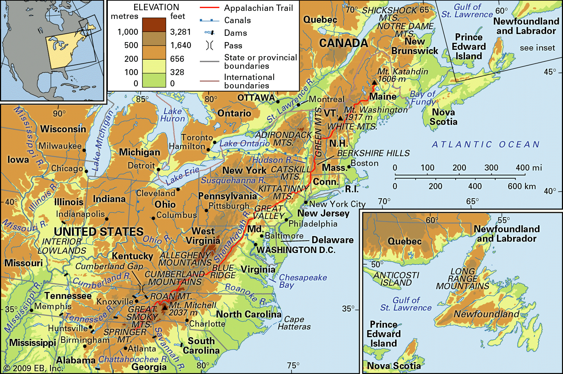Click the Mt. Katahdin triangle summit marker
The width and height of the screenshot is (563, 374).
(374, 83)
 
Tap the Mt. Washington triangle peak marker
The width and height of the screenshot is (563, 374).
(340, 118)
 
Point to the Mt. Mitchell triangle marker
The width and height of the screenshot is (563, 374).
(164, 308)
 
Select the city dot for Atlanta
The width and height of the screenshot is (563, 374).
(125, 348)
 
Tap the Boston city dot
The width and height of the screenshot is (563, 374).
(349, 167)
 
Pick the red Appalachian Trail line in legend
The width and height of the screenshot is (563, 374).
(209, 8)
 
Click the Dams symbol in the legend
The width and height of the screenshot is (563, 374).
(209, 33)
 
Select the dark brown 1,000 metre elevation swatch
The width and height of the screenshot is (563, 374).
(154, 25)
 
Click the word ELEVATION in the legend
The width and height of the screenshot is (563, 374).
(156, 7)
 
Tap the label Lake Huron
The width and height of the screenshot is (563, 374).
(172, 115)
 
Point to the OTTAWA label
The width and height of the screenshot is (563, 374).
(256, 98)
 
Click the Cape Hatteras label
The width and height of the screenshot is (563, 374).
(294, 323)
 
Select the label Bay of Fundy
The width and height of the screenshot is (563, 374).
(423, 98)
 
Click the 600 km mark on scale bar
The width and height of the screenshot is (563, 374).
(522, 186)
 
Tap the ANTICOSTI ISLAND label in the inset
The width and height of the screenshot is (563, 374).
(396, 279)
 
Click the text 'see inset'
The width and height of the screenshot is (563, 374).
(537, 48)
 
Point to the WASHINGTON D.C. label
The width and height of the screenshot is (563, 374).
(296, 250)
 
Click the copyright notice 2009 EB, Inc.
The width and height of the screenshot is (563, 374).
(33, 368)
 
